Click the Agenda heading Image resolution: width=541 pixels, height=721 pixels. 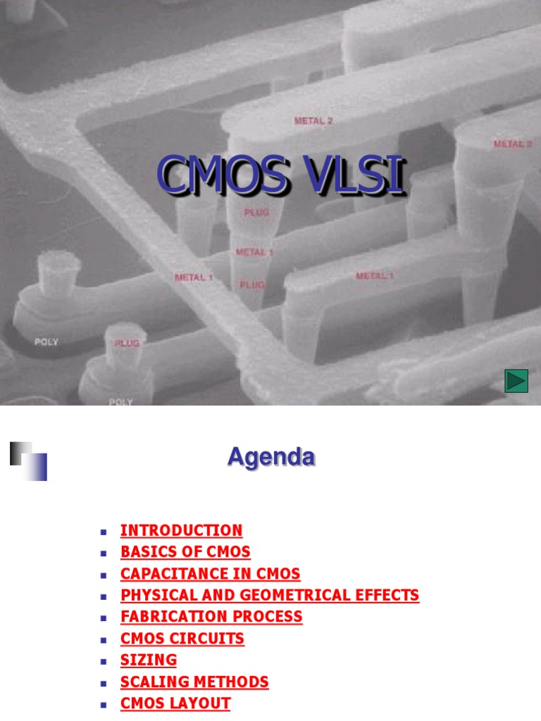click(x=270, y=458)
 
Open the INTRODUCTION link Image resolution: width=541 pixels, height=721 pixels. click(x=181, y=530)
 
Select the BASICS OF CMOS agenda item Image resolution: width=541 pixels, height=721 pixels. click(x=185, y=552)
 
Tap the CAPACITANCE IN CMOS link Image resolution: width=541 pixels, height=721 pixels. click(x=210, y=574)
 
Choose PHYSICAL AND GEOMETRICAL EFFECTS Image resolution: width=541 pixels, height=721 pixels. click(x=269, y=595)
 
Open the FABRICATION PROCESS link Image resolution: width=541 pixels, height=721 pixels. click(x=211, y=617)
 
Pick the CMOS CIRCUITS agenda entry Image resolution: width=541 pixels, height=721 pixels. click(x=182, y=639)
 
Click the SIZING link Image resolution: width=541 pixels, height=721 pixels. click(x=149, y=660)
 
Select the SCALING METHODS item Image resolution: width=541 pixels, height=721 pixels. click(x=194, y=682)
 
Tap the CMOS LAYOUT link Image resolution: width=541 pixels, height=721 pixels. click(x=175, y=703)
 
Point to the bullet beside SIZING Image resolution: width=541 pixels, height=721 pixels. click(x=103, y=661)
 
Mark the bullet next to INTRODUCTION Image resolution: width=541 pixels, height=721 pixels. click(x=103, y=531)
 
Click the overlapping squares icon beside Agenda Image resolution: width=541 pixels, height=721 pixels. click(x=29, y=461)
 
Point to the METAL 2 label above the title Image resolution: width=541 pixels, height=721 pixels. click(x=313, y=120)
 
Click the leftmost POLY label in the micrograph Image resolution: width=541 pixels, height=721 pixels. click(x=46, y=342)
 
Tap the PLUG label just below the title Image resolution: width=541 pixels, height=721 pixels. click(x=256, y=212)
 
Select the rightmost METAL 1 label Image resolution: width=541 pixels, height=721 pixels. click(x=375, y=275)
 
